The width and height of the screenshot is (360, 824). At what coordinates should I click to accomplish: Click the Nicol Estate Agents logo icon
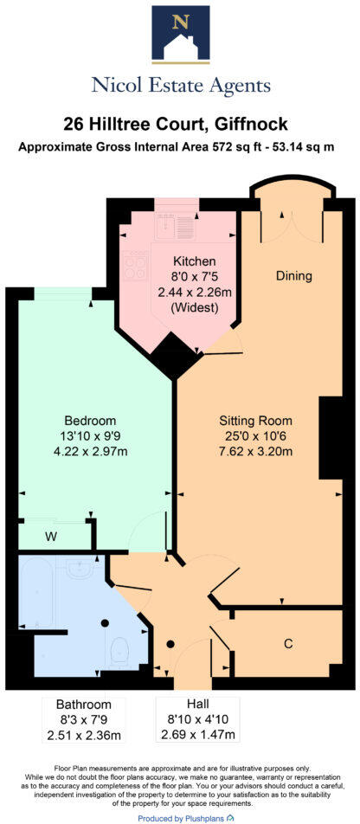click(180, 35)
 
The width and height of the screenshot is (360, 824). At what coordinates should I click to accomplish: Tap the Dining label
click(293, 276)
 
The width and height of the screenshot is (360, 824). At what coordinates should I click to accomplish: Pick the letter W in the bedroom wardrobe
click(51, 537)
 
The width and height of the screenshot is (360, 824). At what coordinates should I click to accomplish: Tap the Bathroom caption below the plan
click(83, 704)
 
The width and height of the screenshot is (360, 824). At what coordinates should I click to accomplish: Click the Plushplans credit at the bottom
click(179, 817)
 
